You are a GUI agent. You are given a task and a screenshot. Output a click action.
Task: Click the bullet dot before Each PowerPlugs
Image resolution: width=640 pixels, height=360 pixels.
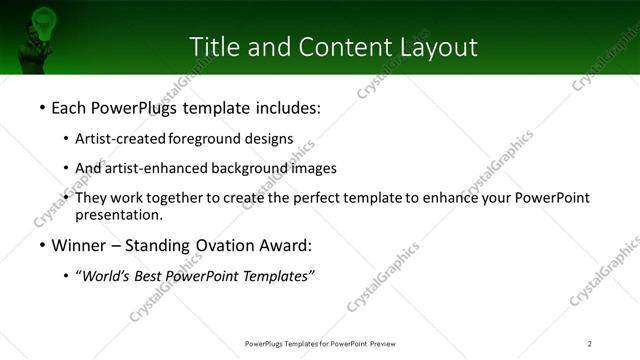pos(41,106)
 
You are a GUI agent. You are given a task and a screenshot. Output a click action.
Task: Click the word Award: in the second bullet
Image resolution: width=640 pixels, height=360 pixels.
pos(290,245)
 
